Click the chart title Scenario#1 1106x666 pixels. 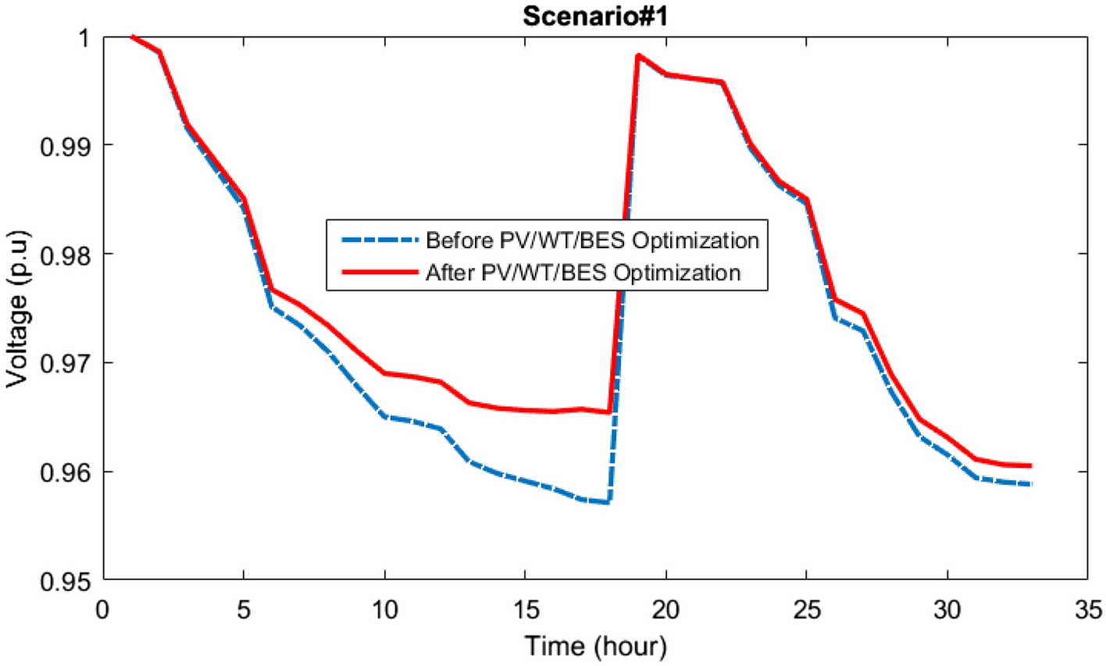[595, 16]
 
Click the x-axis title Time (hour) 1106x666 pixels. [596, 646]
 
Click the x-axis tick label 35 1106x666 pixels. [1087, 608]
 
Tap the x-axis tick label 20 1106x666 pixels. [665, 608]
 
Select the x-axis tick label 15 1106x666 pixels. [525, 608]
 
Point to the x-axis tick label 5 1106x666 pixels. [244, 608]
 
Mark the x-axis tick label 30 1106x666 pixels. [947, 608]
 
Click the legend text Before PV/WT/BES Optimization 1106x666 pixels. [592, 240]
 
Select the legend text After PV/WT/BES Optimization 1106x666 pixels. [583, 272]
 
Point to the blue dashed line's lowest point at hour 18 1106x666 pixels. [608, 502]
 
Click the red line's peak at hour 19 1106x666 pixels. [638, 55]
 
